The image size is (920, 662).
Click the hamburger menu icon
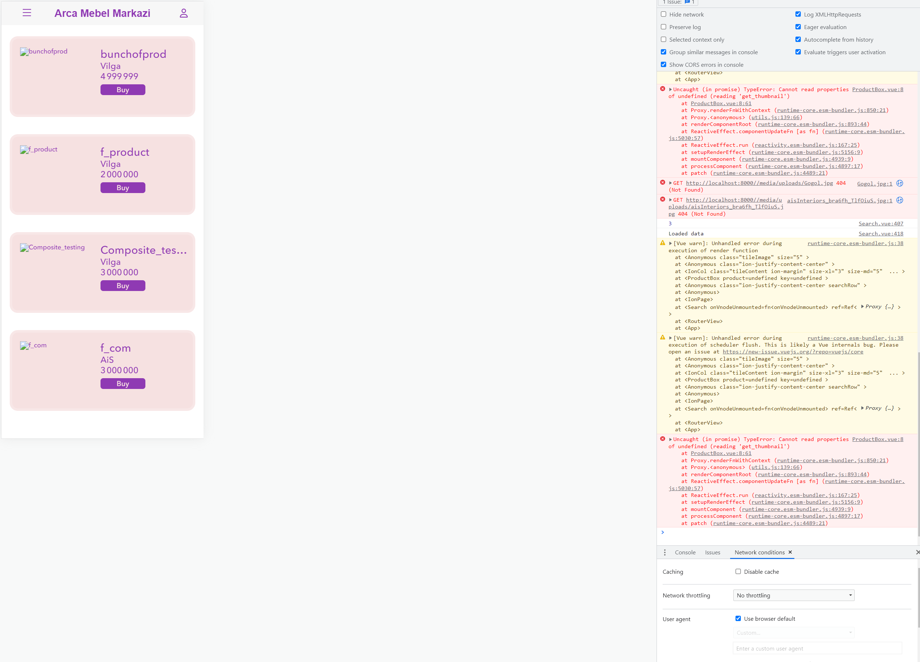(x=27, y=13)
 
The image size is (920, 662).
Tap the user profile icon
(x=184, y=13)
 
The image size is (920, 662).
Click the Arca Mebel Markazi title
(x=102, y=13)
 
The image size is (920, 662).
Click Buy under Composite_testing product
(x=122, y=286)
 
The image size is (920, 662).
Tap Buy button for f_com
(x=122, y=384)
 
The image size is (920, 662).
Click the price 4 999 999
(x=119, y=76)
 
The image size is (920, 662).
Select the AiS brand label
(x=107, y=360)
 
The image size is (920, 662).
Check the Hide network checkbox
(x=664, y=14)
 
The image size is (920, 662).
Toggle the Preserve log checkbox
(x=664, y=27)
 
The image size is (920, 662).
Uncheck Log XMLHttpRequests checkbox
(x=798, y=14)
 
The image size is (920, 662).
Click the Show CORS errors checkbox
(x=664, y=65)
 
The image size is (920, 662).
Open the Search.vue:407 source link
(x=881, y=224)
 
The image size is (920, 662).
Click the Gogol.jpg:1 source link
(x=874, y=184)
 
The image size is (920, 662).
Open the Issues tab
(x=712, y=553)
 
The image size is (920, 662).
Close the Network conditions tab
(x=790, y=552)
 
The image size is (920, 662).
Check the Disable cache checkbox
(x=738, y=572)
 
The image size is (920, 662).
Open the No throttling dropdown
(x=793, y=596)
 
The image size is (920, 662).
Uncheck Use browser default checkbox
(x=738, y=619)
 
